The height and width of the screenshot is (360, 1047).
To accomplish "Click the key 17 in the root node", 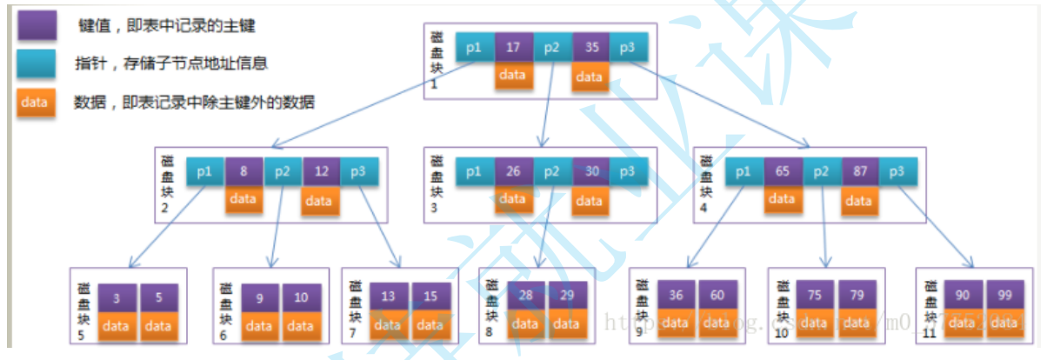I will pyautogui.click(x=513, y=48).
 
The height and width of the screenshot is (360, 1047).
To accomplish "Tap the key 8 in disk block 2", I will pyautogui.click(x=244, y=171).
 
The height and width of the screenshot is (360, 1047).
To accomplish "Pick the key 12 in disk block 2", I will pyautogui.click(x=321, y=171).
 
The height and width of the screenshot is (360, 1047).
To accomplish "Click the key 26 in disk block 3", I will pyautogui.click(x=513, y=171).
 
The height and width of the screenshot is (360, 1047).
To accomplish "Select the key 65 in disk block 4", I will pyautogui.click(x=783, y=171).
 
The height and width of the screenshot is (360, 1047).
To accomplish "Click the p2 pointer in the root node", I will pyautogui.click(x=551, y=48).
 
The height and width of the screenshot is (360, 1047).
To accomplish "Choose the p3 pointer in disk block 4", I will pyautogui.click(x=897, y=171).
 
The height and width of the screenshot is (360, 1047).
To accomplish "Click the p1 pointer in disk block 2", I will pyautogui.click(x=206, y=171).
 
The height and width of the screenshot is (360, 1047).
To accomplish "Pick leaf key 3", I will pyautogui.click(x=117, y=297).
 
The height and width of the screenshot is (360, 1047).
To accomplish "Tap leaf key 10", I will pyautogui.click(x=301, y=297).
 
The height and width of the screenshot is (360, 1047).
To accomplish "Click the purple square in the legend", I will pyautogui.click(x=35, y=25).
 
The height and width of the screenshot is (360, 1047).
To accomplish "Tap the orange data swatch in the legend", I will pyautogui.click(x=35, y=102).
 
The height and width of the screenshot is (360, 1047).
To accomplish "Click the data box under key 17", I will pyautogui.click(x=513, y=75).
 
